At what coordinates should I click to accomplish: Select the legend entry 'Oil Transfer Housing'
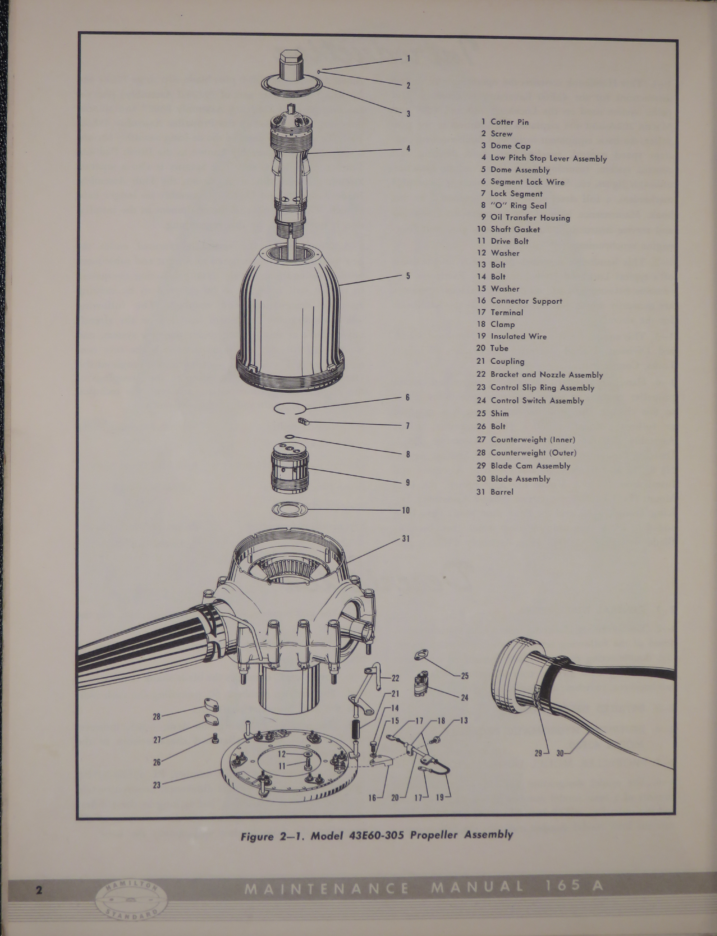(x=530, y=218)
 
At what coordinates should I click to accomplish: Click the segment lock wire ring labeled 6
(x=289, y=409)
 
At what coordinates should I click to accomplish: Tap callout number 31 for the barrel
(x=405, y=539)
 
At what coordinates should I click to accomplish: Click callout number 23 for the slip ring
(x=157, y=785)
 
